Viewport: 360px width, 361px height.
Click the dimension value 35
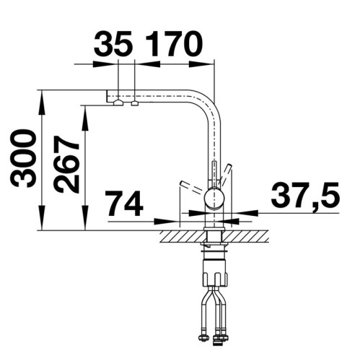pos(114,45)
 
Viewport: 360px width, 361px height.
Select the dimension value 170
pos(174,45)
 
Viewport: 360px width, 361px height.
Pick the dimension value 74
pos(124,204)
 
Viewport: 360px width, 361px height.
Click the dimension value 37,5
pos(304,196)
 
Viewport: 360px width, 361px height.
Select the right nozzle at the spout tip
pos(134,103)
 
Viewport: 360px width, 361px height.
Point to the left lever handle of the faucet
pos(190,188)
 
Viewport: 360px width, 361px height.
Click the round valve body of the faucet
pos(214,198)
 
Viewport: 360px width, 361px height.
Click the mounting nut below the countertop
pos(214,249)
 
